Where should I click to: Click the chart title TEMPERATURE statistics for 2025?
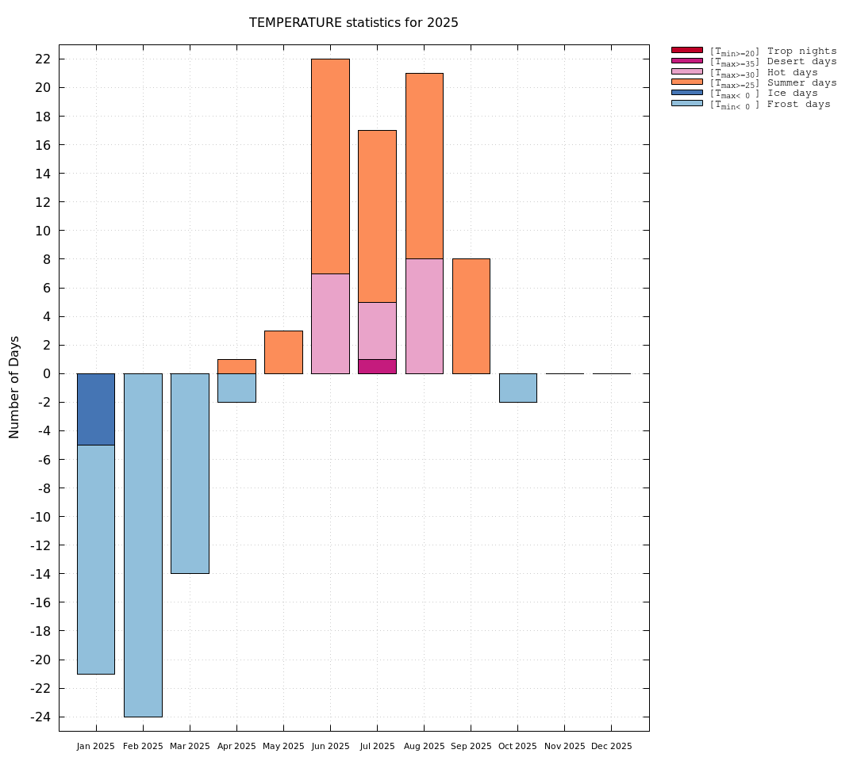[353, 23]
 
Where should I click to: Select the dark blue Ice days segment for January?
[96, 409]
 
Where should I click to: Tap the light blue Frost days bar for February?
[143, 545]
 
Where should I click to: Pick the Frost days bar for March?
[190, 473]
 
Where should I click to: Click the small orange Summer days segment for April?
[236, 366]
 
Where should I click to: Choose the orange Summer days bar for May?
[283, 352]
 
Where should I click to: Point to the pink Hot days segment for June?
[330, 323]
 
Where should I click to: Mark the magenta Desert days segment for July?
[377, 366]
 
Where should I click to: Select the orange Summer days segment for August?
[424, 166]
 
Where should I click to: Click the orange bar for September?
[471, 316]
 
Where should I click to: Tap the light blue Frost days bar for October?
[517, 388]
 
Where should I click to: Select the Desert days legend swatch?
[686, 61]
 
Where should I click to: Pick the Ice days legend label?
[792, 93]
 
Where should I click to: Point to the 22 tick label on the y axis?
[43, 59]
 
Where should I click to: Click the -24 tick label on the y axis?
[40, 717]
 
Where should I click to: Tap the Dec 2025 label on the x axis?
[611, 747]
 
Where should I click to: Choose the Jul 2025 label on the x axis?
[377, 747]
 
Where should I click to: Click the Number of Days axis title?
[14, 387]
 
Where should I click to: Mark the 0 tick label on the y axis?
[47, 373]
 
